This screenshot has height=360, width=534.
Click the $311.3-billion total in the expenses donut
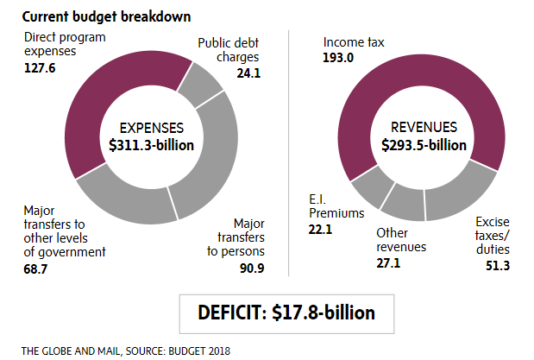(152, 144)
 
